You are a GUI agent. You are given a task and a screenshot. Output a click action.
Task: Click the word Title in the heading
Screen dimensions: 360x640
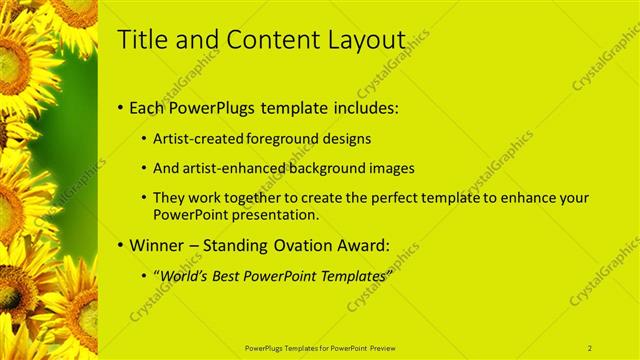142,40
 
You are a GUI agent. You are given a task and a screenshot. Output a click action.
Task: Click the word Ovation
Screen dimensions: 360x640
303,245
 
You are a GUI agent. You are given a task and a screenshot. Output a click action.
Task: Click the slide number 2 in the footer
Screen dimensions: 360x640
589,348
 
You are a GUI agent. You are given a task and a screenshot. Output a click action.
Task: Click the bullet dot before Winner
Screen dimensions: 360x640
121,245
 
